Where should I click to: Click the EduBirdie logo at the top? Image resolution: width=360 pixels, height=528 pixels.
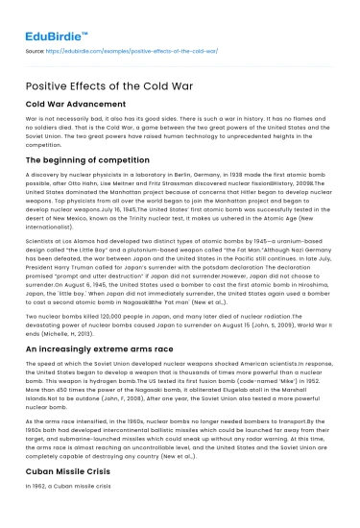pyautogui.click(x=49, y=18)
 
